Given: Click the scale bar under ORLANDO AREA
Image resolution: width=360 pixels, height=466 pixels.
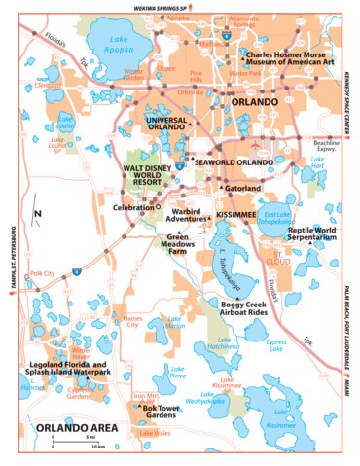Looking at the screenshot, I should point(78,443).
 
